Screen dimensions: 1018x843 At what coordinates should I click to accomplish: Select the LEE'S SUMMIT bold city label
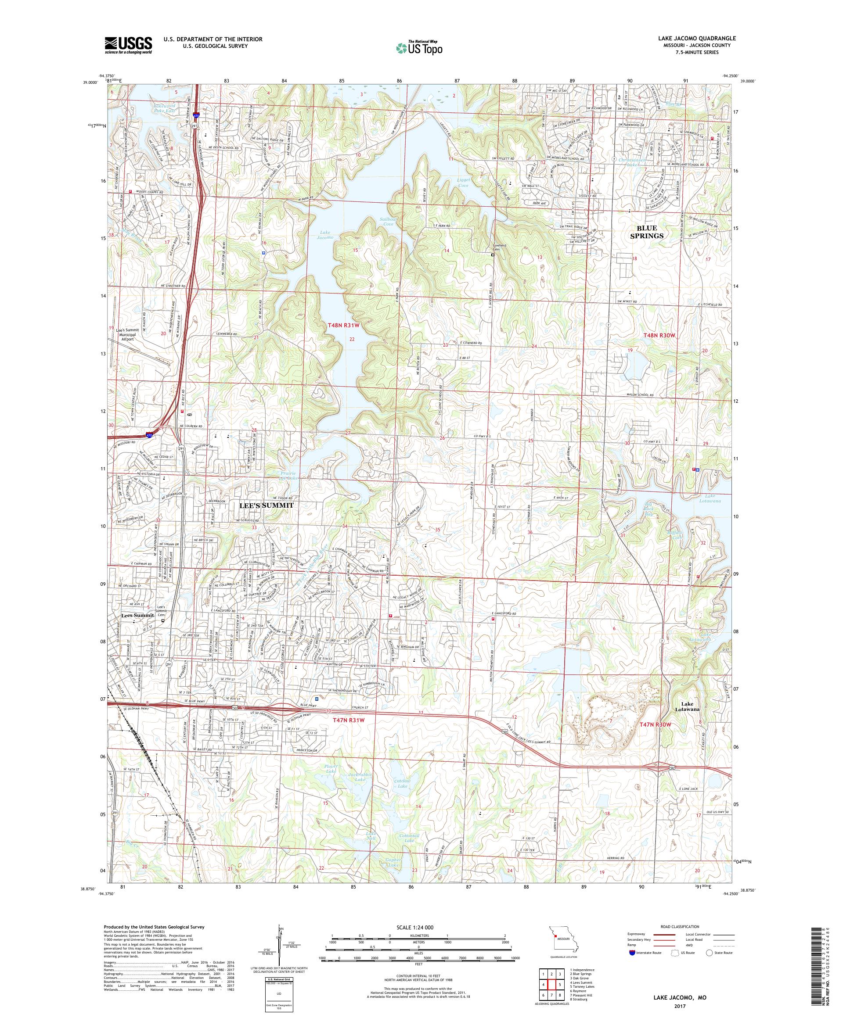(266, 505)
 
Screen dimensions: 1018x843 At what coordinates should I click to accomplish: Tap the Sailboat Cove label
(389, 222)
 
